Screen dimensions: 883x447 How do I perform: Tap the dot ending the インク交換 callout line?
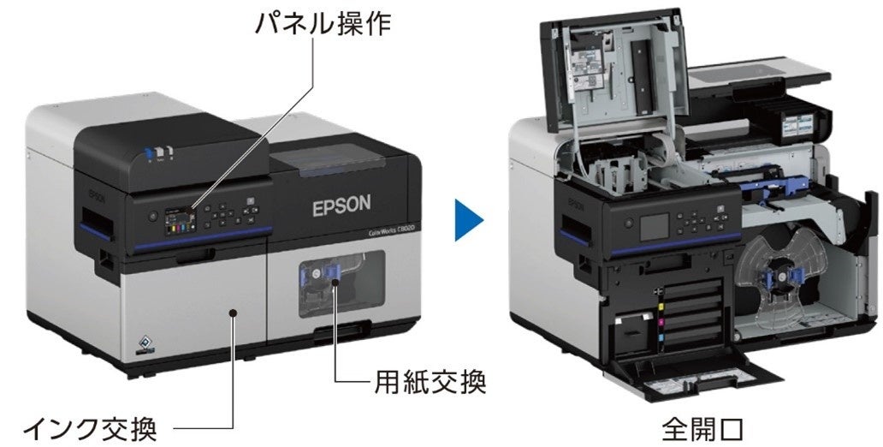(233, 315)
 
